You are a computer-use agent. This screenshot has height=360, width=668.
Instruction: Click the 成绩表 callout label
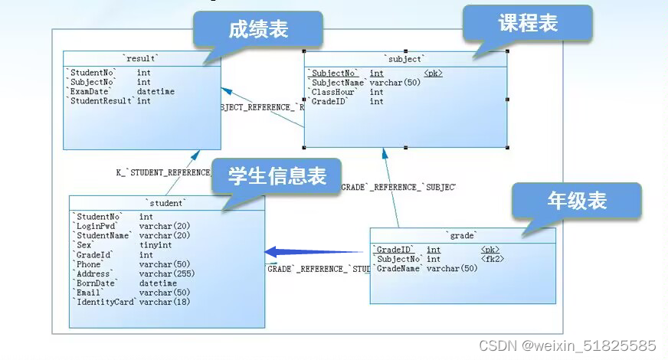[257, 30]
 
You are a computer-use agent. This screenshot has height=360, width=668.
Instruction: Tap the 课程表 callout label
[528, 24]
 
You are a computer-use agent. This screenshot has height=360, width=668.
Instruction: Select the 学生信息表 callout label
[277, 176]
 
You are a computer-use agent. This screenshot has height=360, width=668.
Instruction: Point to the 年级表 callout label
[576, 201]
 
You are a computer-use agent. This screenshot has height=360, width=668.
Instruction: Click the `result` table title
[141, 58]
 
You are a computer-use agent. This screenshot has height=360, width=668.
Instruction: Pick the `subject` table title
[404, 58]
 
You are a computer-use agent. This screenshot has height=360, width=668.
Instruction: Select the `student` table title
[165, 203]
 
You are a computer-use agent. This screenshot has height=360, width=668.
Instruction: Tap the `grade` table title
[462, 235]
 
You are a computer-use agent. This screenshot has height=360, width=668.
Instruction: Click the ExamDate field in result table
[90, 92]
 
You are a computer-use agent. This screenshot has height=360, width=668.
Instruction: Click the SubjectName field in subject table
[338, 83]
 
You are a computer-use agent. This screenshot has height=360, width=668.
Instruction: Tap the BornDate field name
[94, 283]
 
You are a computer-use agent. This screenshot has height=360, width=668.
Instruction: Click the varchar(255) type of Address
[167, 273]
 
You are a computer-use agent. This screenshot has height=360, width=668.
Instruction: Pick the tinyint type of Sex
[156, 245]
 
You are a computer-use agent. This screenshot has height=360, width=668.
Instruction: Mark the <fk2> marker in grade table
[493, 259]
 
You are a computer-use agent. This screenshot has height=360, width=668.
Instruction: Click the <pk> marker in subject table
[433, 74]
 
